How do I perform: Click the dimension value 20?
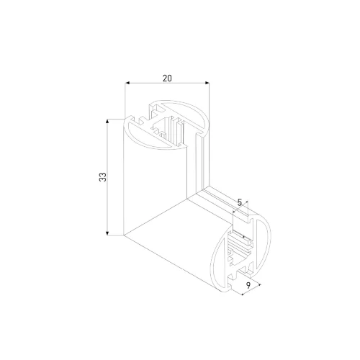pos(167,78)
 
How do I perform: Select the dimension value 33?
pos(103,176)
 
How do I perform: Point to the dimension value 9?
pos(248,287)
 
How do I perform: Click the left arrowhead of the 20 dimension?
pos(127,84)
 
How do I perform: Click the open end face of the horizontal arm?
pos(241,248)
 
